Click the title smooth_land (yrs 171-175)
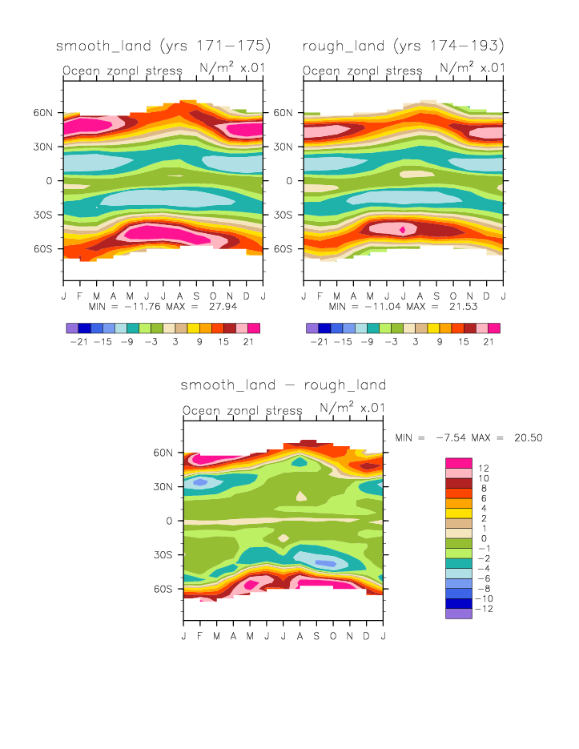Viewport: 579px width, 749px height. pyautogui.click(x=163, y=45)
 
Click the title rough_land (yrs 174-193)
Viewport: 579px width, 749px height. pyautogui.click(x=403, y=45)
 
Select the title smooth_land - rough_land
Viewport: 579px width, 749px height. pyautogui.click(x=283, y=385)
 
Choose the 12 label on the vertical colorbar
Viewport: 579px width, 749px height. pyautogui.click(x=484, y=467)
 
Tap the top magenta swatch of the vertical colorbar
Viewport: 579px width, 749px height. pyautogui.click(x=459, y=462)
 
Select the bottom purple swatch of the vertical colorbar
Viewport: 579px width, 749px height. pyautogui.click(x=459, y=614)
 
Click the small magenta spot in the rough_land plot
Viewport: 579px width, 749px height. pyautogui.click(x=403, y=229)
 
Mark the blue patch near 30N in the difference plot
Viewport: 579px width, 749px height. pyautogui.click(x=199, y=481)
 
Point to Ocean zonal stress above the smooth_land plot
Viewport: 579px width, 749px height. pyautogui.click(x=123, y=70)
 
